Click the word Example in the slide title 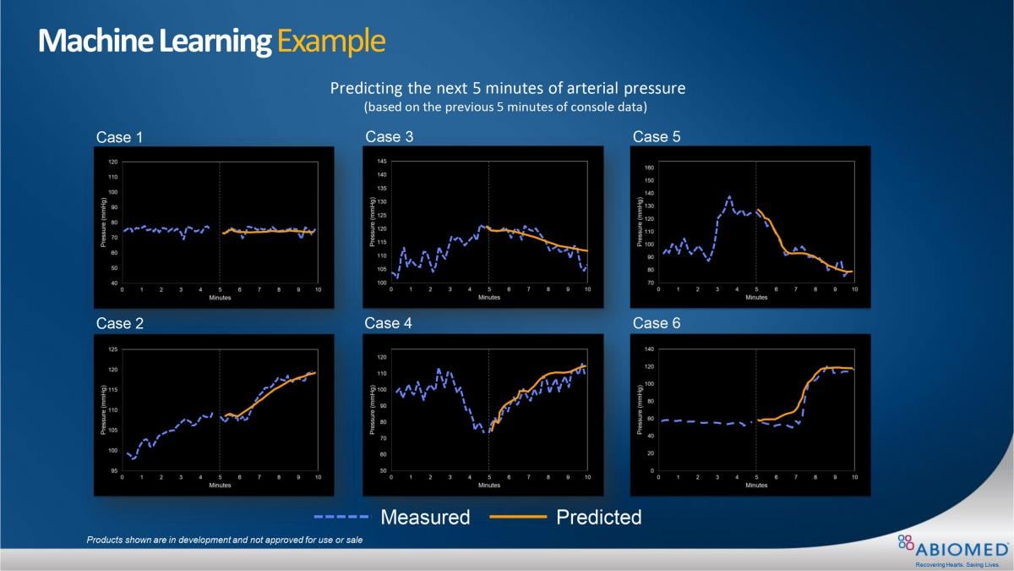point(331,41)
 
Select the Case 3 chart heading point(389,136)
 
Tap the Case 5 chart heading point(657,136)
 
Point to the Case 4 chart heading point(389,323)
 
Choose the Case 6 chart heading point(657,323)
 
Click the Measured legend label point(425,517)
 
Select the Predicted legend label point(599,517)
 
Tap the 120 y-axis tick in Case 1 point(112,161)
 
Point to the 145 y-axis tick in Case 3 point(381,161)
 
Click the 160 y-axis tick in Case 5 point(649,167)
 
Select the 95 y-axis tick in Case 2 point(112,470)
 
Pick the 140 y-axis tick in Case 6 point(649,349)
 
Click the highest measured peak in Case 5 point(729,196)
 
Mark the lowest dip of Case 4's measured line point(486,431)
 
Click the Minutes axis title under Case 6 point(756,486)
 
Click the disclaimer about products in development point(225,540)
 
